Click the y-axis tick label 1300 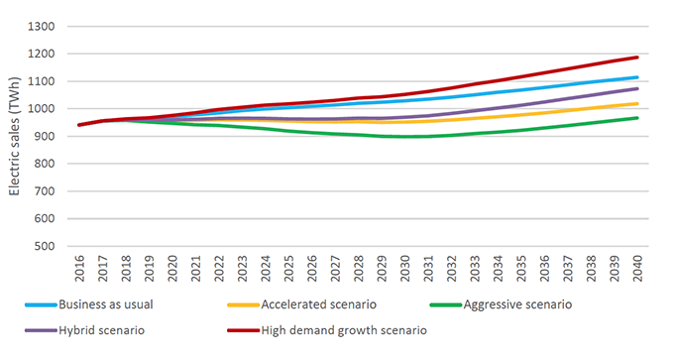(42, 27)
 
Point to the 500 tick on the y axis (45, 247)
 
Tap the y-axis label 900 (45, 136)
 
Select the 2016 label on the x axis (79, 269)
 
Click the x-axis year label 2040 (637, 269)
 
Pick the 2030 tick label (405, 269)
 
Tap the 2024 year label (266, 269)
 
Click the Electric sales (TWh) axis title (15, 136)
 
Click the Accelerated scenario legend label (318, 304)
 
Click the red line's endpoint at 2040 (637, 57)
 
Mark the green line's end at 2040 (637, 117)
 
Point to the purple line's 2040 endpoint (637, 88)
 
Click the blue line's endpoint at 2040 (637, 77)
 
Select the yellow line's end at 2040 (637, 103)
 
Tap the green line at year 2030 (405, 137)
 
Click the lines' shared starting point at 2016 (79, 125)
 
